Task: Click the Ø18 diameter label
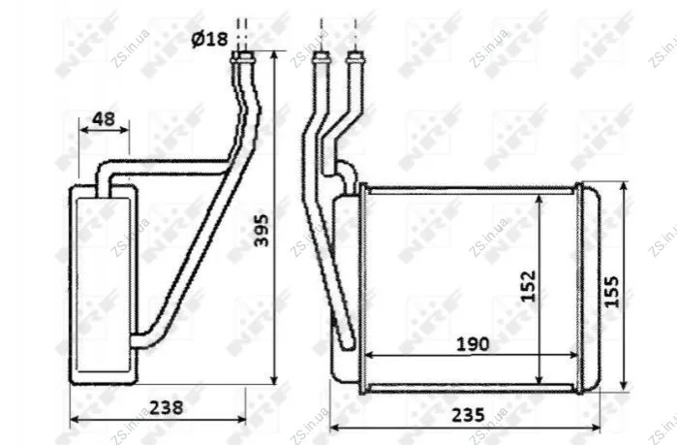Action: [209, 40]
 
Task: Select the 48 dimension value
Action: [104, 119]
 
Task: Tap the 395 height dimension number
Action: [262, 231]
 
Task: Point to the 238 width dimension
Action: [167, 407]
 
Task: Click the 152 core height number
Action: [528, 286]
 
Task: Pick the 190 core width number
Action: [473, 344]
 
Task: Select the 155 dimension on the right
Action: [611, 292]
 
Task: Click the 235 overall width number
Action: [468, 415]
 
